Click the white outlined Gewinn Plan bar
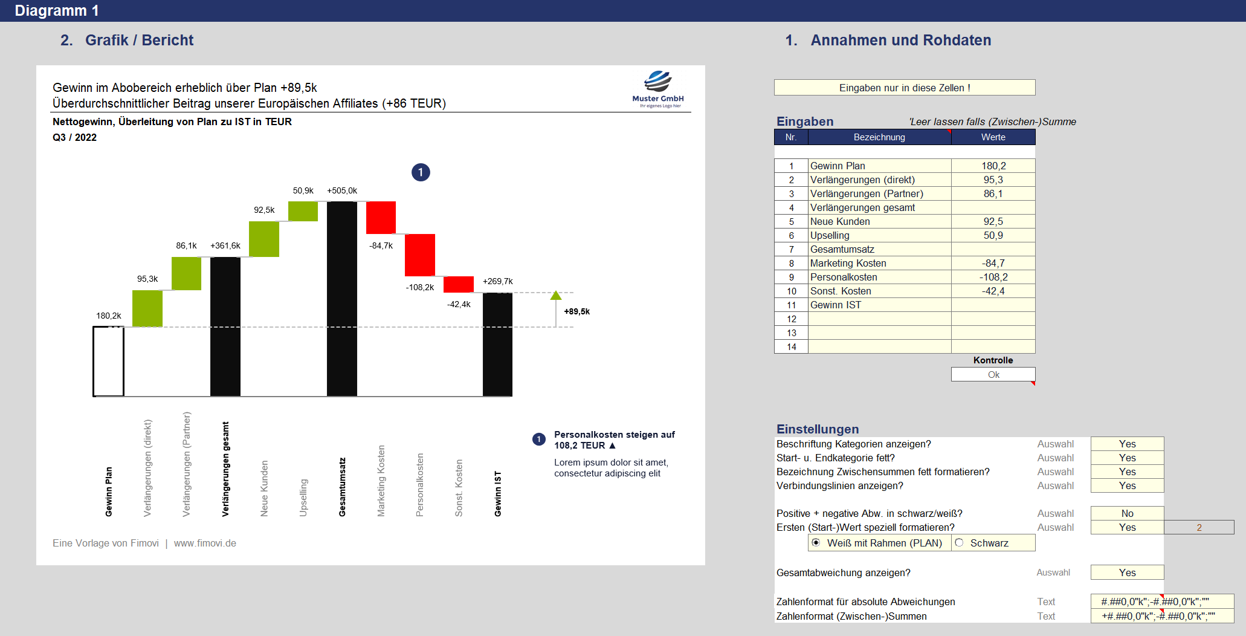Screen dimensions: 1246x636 (x=108, y=362)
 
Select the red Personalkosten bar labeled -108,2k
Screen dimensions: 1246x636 (x=420, y=255)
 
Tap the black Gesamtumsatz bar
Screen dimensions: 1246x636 (x=342, y=299)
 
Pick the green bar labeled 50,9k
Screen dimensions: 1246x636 (x=303, y=211)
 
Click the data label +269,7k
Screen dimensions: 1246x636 (x=498, y=281)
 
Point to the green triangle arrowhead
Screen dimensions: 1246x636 (x=556, y=295)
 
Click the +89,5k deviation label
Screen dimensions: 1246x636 (x=577, y=311)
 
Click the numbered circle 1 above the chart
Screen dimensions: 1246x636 (x=421, y=172)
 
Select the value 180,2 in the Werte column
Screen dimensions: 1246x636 (x=993, y=166)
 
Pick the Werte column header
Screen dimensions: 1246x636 (x=993, y=137)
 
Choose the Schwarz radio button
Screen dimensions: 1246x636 (x=959, y=543)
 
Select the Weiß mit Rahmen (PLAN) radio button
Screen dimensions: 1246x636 (x=816, y=543)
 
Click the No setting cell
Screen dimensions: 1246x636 (x=1127, y=513)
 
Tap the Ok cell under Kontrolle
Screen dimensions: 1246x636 (x=993, y=375)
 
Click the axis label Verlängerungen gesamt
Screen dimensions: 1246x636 (x=225, y=469)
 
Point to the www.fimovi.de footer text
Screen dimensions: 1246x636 (x=205, y=544)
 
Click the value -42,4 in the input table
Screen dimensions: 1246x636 (x=993, y=291)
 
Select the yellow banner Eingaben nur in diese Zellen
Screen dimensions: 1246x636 (x=905, y=88)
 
